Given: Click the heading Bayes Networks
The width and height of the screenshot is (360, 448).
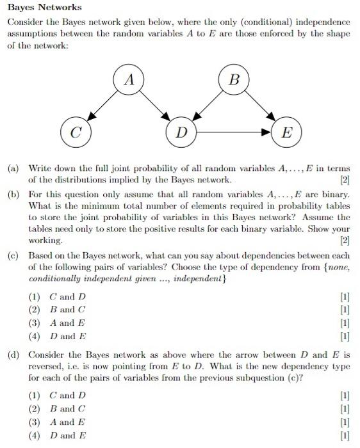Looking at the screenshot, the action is (44, 8).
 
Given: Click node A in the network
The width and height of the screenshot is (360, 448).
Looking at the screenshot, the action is (130, 81).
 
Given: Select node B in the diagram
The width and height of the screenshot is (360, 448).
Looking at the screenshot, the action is (234, 81).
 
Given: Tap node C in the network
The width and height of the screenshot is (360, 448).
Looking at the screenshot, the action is (75, 133).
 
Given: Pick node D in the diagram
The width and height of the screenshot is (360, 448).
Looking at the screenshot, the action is (182, 133).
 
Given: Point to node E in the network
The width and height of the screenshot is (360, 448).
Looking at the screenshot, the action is (286, 133).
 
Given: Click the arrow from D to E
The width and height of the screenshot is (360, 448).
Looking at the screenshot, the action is (234, 133).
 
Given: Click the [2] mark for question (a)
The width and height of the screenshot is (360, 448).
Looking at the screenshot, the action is (345, 180).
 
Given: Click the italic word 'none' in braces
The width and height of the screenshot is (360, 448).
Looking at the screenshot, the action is (338, 268).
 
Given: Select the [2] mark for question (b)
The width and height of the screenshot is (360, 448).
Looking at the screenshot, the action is (345, 241).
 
